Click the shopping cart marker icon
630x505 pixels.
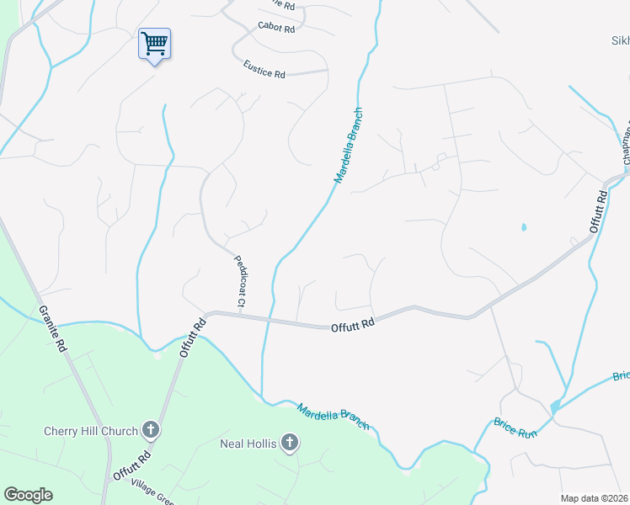pos(154,43)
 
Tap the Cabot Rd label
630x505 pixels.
pos(276,29)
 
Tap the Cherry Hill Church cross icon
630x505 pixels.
pos(151,431)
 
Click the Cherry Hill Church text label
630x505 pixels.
pos(90,432)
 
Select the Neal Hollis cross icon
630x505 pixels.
pos(290,443)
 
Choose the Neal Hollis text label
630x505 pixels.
pos(248,444)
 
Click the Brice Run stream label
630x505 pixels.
pos(515,427)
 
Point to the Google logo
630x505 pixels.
pos(28,495)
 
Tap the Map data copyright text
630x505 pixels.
pos(594,498)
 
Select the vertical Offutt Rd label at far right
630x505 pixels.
pos(598,212)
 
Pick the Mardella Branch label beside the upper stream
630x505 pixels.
pos(349,146)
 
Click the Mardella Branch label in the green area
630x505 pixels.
pos(333,417)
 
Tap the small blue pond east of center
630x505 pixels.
pos(524,227)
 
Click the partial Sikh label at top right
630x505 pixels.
pos(620,40)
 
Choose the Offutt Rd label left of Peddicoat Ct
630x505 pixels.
pos(193,338)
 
